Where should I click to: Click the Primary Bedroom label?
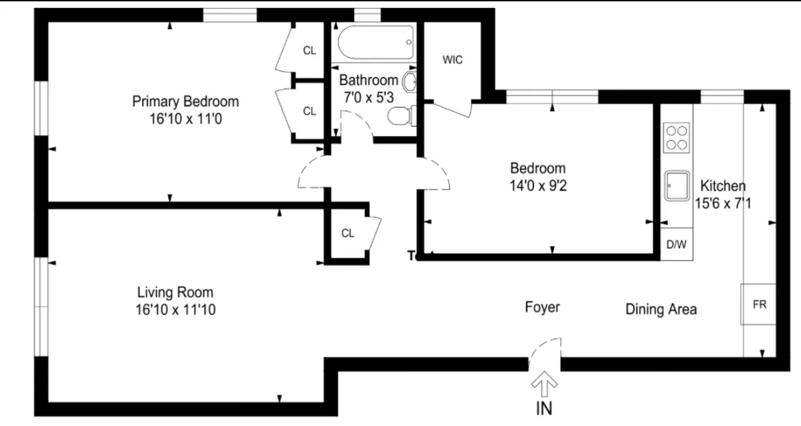coord(185,102)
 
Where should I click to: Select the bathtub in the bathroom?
coord(375,42)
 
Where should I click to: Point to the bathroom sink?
coord(409,83)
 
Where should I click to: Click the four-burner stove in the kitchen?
coord(676,137)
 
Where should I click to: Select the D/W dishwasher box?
coord(676,244)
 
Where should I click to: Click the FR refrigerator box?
coord(759,305)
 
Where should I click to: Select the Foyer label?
coord(542,307)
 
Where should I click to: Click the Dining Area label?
coord(661,309)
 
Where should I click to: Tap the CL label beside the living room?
coord(347,233)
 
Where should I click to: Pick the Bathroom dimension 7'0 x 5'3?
coord(369,97)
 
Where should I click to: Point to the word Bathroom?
coord(369,80)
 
